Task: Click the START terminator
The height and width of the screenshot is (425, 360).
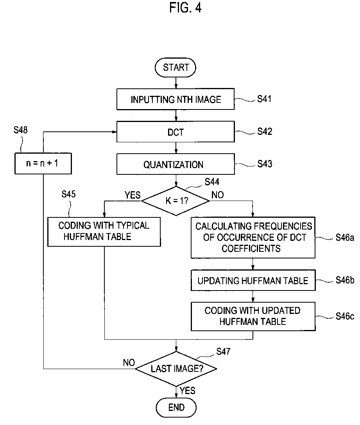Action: (x=175, y=68)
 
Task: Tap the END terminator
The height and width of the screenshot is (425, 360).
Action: (x=176, y=407)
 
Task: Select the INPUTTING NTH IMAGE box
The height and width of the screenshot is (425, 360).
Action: (x=176, y=99)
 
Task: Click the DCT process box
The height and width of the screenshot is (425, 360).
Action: (x=176, y=132)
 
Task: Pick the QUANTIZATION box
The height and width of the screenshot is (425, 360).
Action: (x=176, y=164)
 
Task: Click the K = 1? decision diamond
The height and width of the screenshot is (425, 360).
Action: (x=176, y=201)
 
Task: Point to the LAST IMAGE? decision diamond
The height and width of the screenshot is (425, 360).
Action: (x=176, y=369)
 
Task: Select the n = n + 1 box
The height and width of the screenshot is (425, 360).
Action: (x=43, y=163)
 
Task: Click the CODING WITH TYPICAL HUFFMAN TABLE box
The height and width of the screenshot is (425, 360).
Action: (x=104, y=232)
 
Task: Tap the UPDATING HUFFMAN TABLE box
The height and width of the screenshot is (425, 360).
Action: (x=253, y=280)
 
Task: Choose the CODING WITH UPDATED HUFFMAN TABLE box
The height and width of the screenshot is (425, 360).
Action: (x=253, y=316)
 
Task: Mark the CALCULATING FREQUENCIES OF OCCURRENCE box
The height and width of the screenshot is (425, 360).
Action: (x=253, y=237)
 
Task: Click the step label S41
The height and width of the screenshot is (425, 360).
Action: (x=264, y=99)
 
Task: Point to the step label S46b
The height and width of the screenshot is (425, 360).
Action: (x=345, y=280)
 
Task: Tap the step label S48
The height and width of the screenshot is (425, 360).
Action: (x=21, y=130)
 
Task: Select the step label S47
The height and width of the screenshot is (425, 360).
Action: (x=223, y=351)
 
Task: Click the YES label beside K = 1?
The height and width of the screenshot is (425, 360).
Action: (x=133, y=195)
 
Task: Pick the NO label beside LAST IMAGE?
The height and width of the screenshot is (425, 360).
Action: (x=129, y=363)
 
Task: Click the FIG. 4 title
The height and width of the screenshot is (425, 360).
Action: (x=185, y=7)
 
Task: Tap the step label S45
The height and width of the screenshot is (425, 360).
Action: (x=68, y=194)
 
